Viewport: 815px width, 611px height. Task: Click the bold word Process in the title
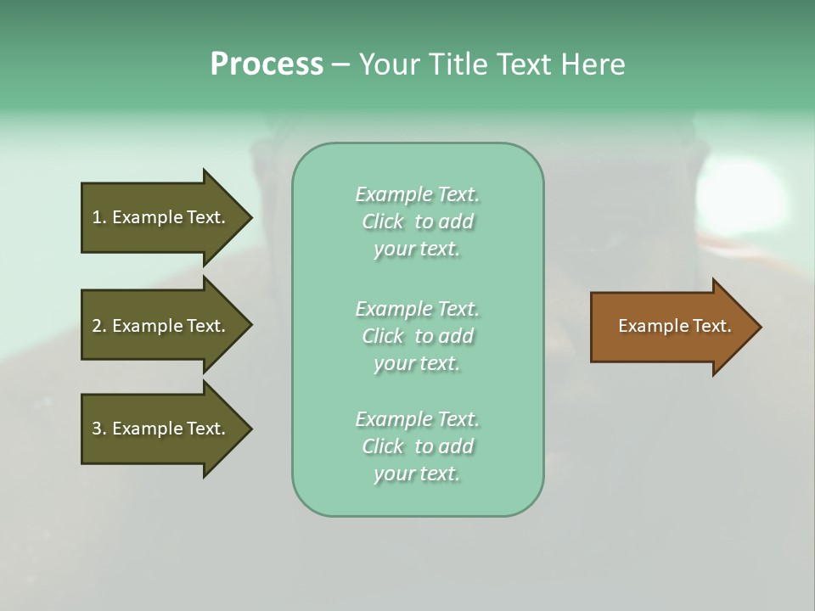click(267, 64)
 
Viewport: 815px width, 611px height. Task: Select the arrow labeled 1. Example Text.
click(161, 217)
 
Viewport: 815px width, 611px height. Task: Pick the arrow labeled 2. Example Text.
click(161, 326)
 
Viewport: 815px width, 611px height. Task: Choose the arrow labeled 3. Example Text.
click(161, 429)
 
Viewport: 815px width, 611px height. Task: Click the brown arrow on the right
click(671, 327)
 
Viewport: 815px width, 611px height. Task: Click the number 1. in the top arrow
click(99, 217)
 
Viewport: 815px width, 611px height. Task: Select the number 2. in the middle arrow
click(99, 326)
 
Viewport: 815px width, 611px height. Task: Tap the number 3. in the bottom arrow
click(99, 429)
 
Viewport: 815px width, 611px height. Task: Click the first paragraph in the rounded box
click(417, 221)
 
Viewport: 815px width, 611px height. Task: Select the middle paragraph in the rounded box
click(417, 336)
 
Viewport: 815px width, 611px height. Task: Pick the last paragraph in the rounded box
click(417, 446)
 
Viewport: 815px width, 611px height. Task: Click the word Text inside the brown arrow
click(712, 326)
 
